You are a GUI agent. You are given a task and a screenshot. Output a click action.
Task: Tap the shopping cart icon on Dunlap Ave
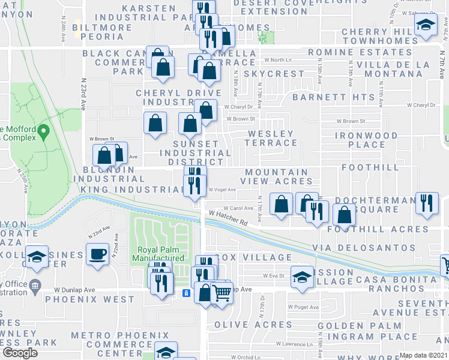(221, 293)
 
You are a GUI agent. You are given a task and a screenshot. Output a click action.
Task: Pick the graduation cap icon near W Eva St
(301, 276)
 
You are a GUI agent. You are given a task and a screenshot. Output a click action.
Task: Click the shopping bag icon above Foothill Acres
(344, 215)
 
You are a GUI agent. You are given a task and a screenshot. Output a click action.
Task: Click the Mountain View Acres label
(276, 176)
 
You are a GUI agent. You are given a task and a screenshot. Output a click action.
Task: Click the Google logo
(20, 353)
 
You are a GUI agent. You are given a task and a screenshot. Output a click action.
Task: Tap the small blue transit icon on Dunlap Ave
(186, 293)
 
